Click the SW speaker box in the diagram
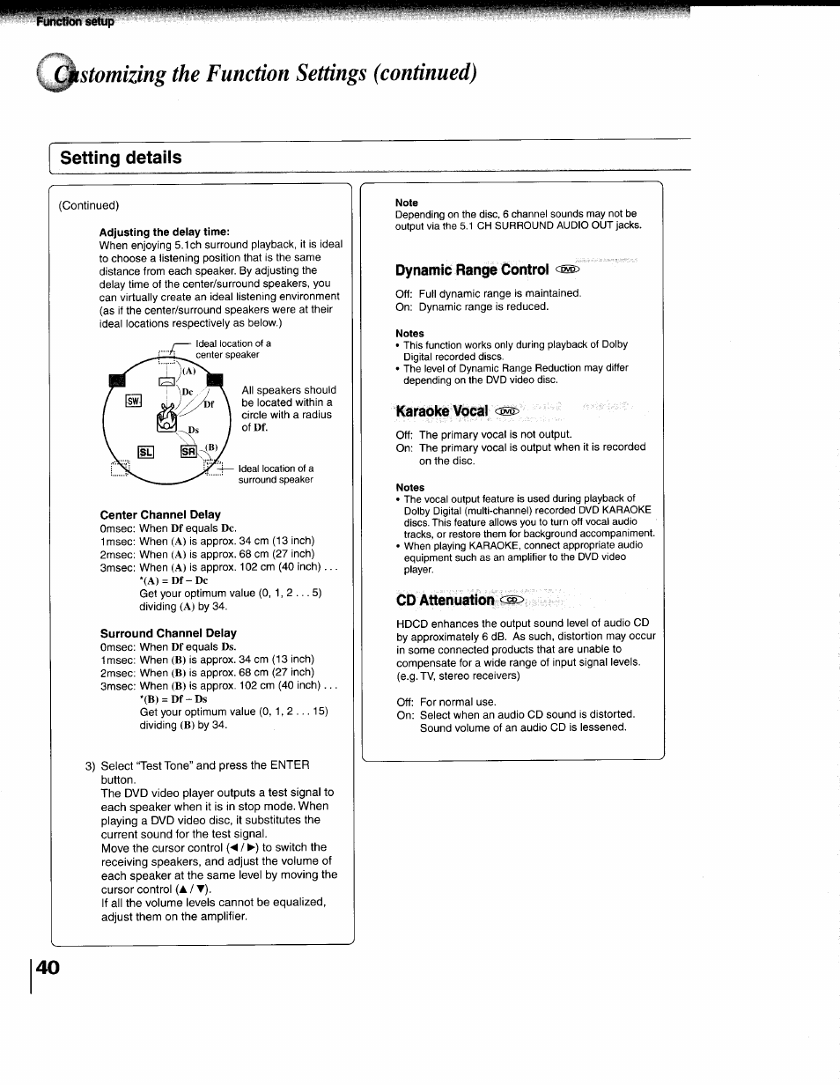[134, 402]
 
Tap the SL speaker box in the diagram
[145, 453]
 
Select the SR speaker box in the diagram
[188, 453]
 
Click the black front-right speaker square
[213, 380]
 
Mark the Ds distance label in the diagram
[193, 431]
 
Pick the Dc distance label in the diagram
[187, 392]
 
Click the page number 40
[48, 967]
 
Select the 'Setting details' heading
[122, 158]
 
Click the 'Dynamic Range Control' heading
[472, 269]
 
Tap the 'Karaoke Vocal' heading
[442, 411]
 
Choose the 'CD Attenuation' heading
[446, 600]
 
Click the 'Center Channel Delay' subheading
[160, 514]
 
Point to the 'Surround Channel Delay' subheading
[168, 632]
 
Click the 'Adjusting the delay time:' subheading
[164, 232]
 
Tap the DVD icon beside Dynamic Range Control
[567, 270]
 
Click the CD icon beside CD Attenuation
[512, 600]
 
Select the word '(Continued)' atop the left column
[89, 205]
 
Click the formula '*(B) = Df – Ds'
[173, 698]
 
